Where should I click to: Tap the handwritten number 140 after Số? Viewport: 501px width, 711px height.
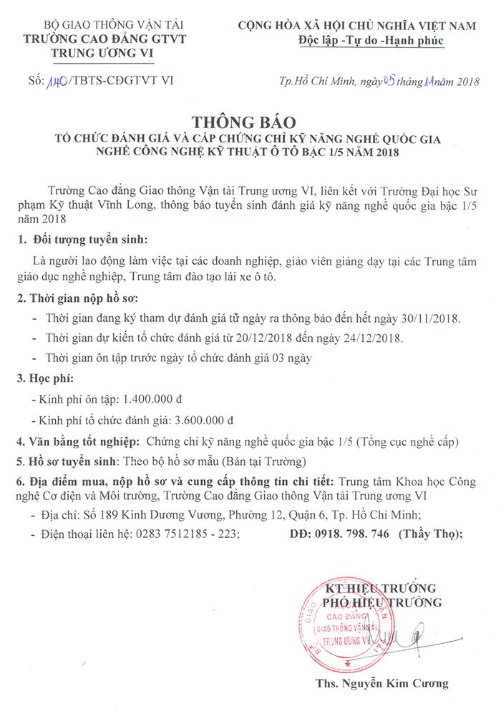57,81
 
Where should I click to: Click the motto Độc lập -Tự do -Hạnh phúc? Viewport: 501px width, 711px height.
371,41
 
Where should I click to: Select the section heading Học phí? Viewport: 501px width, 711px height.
53,377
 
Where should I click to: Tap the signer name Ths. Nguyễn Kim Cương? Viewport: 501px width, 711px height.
382,683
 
